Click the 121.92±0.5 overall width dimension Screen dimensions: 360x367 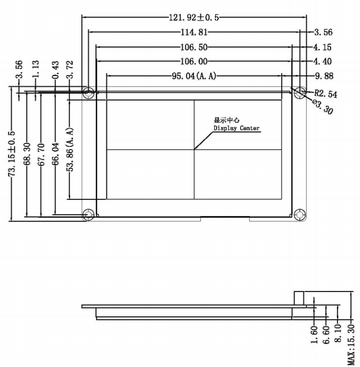[194, 18]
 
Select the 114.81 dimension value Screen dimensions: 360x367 [194, 32]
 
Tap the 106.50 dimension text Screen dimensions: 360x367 [194, 47]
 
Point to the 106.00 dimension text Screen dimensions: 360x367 [194, 62]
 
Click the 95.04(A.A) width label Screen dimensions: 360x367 [194, 76]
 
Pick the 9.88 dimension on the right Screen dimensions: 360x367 [324, 76]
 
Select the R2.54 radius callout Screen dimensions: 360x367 [325, 94]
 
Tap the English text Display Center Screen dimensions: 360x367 [237, 128]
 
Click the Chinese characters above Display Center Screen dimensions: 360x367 [226, 120]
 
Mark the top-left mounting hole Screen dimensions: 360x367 [88, 92]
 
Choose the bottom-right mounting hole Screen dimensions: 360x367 [300, 214]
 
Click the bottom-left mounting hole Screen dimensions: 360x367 [88, 214]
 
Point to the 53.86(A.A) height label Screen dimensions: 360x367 [70, 150]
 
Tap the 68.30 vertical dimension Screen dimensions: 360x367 [27, 154]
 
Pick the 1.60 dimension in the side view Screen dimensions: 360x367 [314, 335]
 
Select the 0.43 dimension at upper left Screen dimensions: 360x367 [55, 70]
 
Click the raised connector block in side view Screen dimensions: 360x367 [299, 298]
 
